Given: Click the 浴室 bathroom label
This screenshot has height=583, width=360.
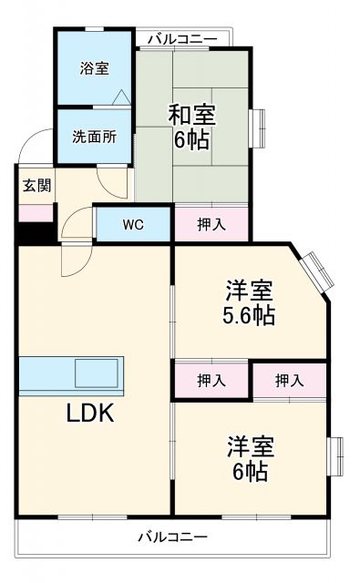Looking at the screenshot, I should point(95,67).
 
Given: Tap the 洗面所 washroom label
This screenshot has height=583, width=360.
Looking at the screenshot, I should point(94,138).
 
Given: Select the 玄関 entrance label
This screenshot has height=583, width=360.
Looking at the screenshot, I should point(36,186).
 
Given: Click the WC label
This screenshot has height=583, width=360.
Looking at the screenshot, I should point(133,223).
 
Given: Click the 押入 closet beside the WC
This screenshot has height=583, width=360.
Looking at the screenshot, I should point(211,223).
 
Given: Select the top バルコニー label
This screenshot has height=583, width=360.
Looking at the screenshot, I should point(182,38).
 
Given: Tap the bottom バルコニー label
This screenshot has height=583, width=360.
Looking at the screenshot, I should point(172,537).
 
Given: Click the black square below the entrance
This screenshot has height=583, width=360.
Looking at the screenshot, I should point(35,233).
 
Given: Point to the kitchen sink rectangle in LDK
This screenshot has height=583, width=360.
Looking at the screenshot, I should point(95,373).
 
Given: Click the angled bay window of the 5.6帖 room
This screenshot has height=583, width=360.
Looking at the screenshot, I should point(319,269).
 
